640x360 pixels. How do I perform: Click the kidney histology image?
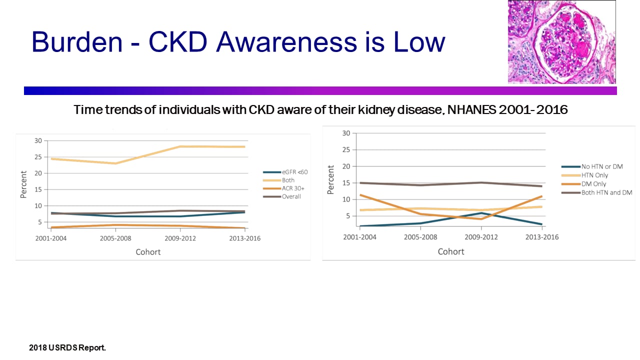click(x=561, y=41)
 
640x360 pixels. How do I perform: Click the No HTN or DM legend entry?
click(x=601, y=166)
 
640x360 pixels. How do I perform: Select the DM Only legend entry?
click(x=593, y=184)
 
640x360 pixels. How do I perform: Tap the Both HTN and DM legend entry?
click(x=606, y=192)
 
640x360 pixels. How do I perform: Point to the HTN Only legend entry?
click(x=594, y=175)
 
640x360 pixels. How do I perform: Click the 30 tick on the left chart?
click(x=38, y=140)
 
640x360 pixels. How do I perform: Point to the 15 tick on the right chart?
click(x=345, y=183)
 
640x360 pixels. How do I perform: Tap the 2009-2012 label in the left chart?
click(x=180, y=238)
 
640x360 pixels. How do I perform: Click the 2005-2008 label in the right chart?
click(x=420, y=237)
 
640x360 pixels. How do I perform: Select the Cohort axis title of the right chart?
click(x=451, y=251)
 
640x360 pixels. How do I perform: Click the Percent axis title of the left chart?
click(x=23, y=184)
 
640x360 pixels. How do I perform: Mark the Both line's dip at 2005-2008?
click(x=115, y=163)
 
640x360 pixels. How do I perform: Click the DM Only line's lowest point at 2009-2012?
click(x=481, y=218)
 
